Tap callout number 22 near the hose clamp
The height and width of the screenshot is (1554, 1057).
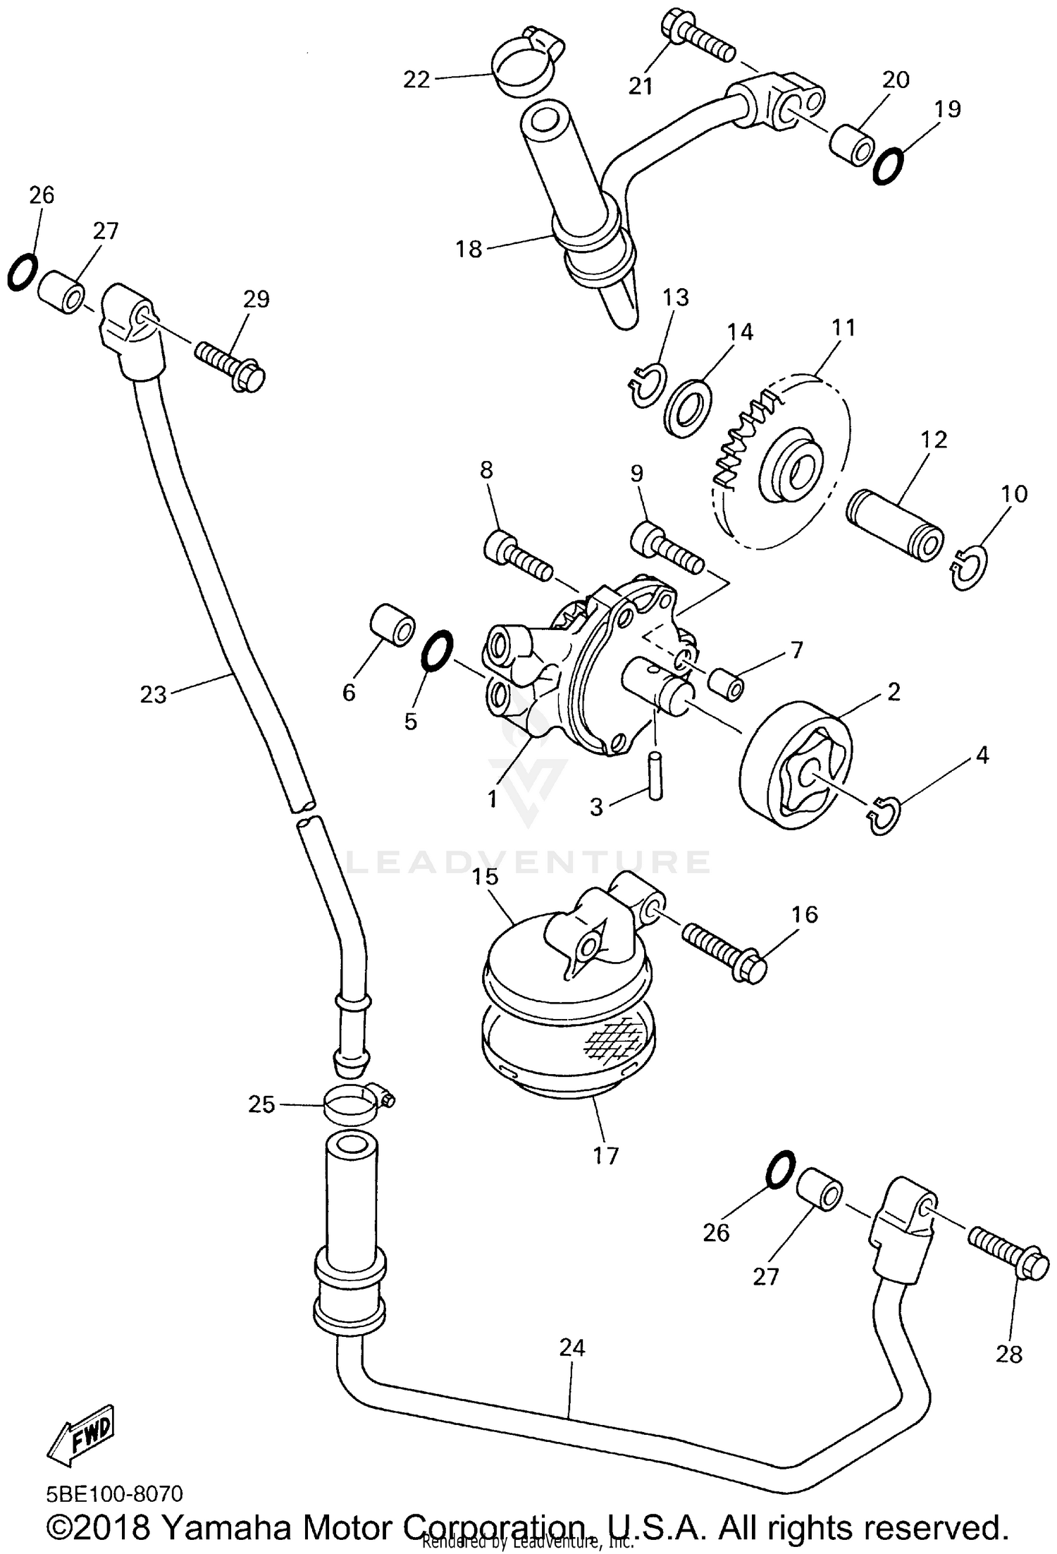pos(416,80)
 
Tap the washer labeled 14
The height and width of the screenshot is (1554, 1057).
pos(688,406)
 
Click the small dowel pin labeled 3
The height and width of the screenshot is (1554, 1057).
pos(655,775)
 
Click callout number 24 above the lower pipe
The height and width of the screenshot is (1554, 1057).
pos(572,1348)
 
